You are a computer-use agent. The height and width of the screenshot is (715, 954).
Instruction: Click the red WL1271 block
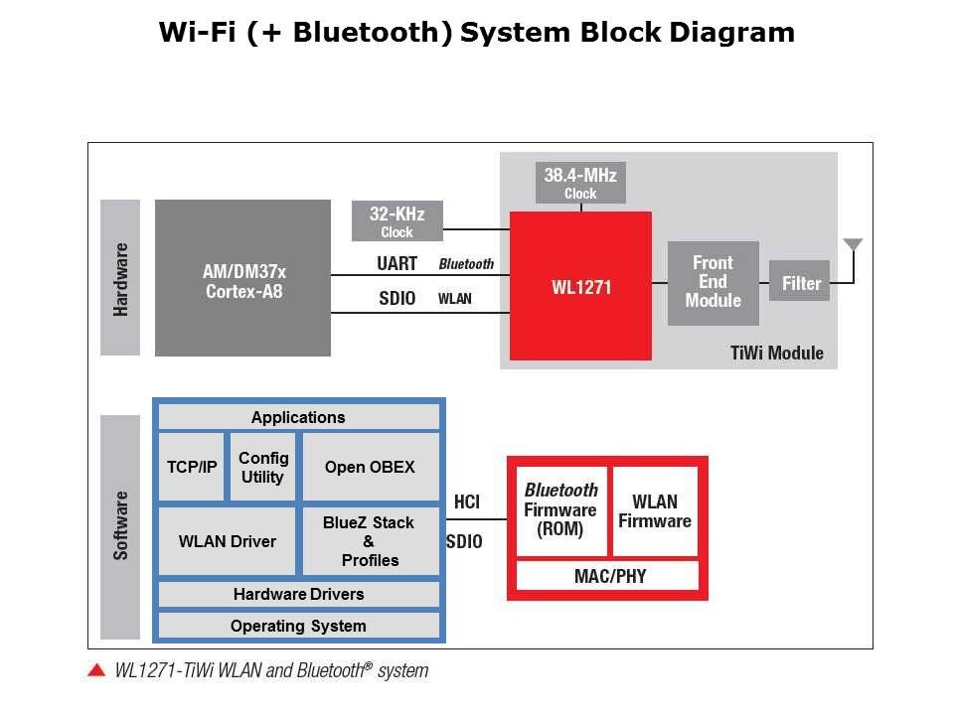coord(580,286)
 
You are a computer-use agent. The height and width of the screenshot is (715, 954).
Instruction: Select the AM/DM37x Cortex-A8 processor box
coord(242,278)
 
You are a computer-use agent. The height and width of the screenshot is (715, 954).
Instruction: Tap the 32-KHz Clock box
coord(397,221)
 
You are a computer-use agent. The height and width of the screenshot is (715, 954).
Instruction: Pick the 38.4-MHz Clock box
coord(580,183)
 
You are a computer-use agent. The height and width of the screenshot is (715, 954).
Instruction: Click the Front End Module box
coord(714,283)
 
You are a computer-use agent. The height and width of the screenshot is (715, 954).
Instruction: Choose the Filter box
coord(799,281)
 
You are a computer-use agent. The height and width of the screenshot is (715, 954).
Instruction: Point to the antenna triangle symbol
coord(853,244)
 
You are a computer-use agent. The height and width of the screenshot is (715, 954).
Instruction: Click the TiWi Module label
coord(777,353)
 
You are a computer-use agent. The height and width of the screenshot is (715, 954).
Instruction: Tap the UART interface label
coord(397,264)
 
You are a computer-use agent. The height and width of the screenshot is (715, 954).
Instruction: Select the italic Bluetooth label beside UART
coord(466,264)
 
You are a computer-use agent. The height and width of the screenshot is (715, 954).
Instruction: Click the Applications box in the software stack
coord(299,417)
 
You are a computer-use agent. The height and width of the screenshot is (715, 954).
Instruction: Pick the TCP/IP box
coord(191,467)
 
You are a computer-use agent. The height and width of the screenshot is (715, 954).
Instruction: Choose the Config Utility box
coord(262,467)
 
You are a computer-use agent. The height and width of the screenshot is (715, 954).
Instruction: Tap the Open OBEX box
coord(371,467)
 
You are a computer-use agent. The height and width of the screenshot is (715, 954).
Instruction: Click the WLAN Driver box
coord(227,541)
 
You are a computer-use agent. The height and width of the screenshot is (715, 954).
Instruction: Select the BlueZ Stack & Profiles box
coord(371,541)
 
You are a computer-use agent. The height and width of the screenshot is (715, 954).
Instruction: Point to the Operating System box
coord(299,626)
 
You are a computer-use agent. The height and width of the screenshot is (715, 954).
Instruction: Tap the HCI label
coord(467,501)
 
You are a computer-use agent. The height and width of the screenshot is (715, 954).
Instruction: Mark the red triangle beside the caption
coord(96,670)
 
